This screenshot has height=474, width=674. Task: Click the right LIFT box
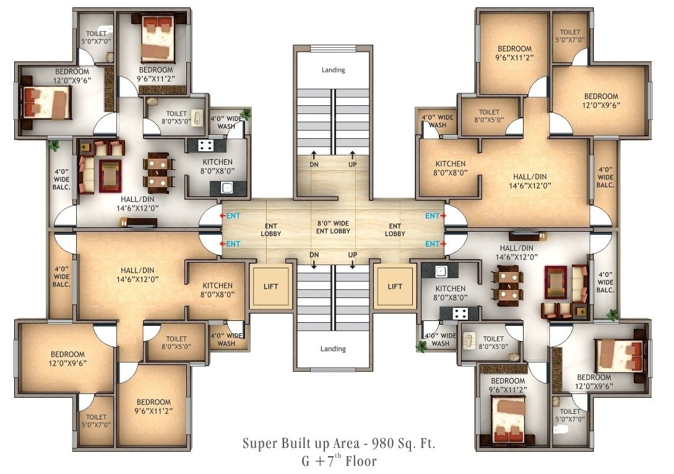(x=395, y=286)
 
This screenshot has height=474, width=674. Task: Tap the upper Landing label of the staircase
(x=333, y=70)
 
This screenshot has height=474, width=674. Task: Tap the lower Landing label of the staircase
(x=333, y=349)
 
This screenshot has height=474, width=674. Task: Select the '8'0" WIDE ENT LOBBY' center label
(x=333, y=227)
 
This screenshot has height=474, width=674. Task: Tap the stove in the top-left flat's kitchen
(x=206, y=146)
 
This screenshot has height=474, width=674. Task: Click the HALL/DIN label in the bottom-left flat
(x=137, y=274)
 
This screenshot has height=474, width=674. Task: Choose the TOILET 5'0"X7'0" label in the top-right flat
(x=570, y=36)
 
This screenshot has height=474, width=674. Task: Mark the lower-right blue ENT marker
(x=433, y=244)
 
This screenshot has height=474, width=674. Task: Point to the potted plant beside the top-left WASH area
(x=246, y=115)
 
